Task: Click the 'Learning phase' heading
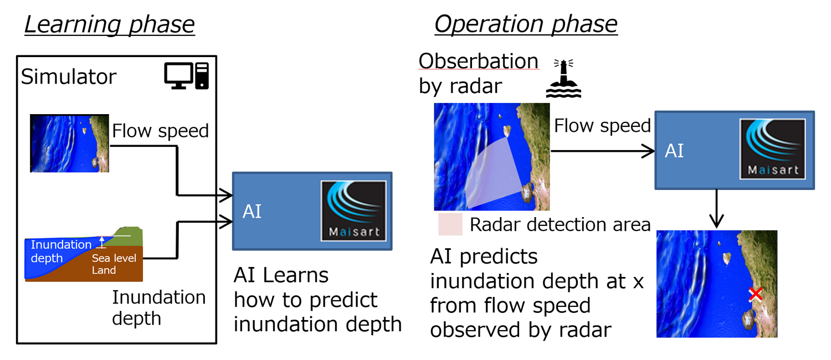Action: [109, 25]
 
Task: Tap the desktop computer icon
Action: [187, 76]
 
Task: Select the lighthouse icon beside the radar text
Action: [563, 79]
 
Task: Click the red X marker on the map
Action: [755, 295]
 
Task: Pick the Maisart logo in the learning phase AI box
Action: [353, 211]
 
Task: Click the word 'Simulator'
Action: [69, 77]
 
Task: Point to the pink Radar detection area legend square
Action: [450, 224]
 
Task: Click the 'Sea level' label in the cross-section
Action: [114, 258]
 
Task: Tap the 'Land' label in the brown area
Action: [104, 270]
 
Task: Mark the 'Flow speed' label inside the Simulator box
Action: [160, 131]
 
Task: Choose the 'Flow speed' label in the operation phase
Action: [602, 126]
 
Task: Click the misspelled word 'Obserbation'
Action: [478, 61]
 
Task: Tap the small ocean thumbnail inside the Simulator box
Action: [69, 143]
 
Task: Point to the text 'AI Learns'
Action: [281, 275]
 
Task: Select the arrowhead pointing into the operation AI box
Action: [649, 151]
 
